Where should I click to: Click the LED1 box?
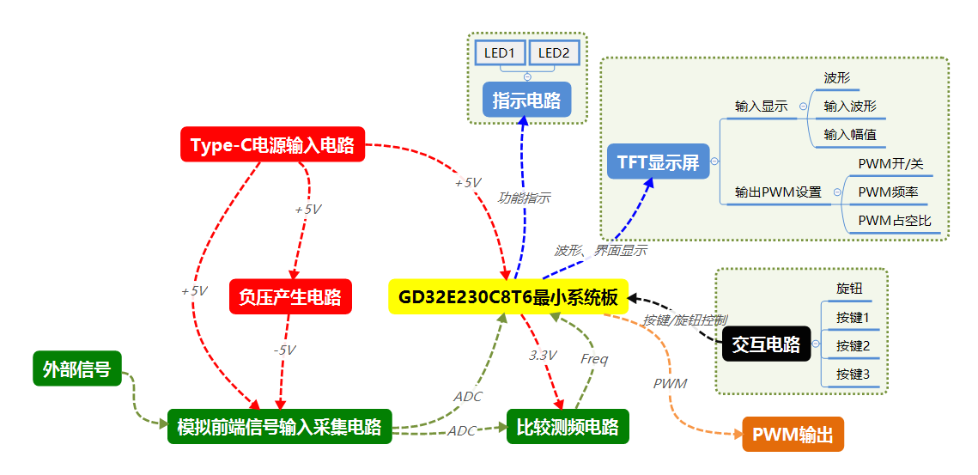(x=499, y=53)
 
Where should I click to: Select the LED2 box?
(x=554, y=53)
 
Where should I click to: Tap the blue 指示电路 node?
(x=526, y=100)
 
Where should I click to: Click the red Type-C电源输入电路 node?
(x=273, y=144)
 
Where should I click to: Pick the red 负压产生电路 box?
(x=290, y=297)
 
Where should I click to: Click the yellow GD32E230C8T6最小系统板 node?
(x=508, y=297)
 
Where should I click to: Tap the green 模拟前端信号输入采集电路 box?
(x=279, y=427)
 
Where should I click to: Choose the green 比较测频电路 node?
(x=568, y=427)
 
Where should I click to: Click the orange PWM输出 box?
(x=793, y=435)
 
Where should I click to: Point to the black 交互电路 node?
(x=766, y=344)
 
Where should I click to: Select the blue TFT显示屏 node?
(x=658, y=161)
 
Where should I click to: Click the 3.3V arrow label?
(x=543, y=356)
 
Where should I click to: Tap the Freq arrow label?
(x=593, y=359)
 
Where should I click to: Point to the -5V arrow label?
(x=284, y=350)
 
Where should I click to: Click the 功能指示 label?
(x=525, y=198)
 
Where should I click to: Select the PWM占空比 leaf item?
(x=894, y=221)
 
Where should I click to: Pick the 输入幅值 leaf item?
(x=849, y=134)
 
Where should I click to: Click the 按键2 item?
(x=853, y=346)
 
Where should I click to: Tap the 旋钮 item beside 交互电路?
(x=849, y=289)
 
